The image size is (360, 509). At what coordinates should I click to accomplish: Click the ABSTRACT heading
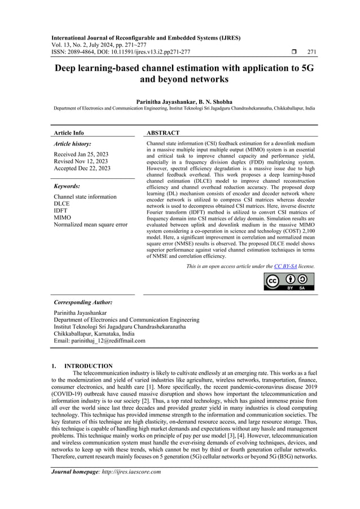163,133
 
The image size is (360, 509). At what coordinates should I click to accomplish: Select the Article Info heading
68,133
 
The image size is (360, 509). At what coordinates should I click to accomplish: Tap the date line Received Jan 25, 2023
81,154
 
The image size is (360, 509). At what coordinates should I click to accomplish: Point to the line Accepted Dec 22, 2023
82,168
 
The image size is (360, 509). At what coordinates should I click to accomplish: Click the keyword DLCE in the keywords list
62,204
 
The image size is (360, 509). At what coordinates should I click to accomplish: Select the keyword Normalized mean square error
90,224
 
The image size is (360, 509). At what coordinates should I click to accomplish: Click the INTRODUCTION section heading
89,366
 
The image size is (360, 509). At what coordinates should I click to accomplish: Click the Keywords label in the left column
67,186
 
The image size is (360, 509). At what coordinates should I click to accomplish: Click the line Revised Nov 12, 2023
81,161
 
